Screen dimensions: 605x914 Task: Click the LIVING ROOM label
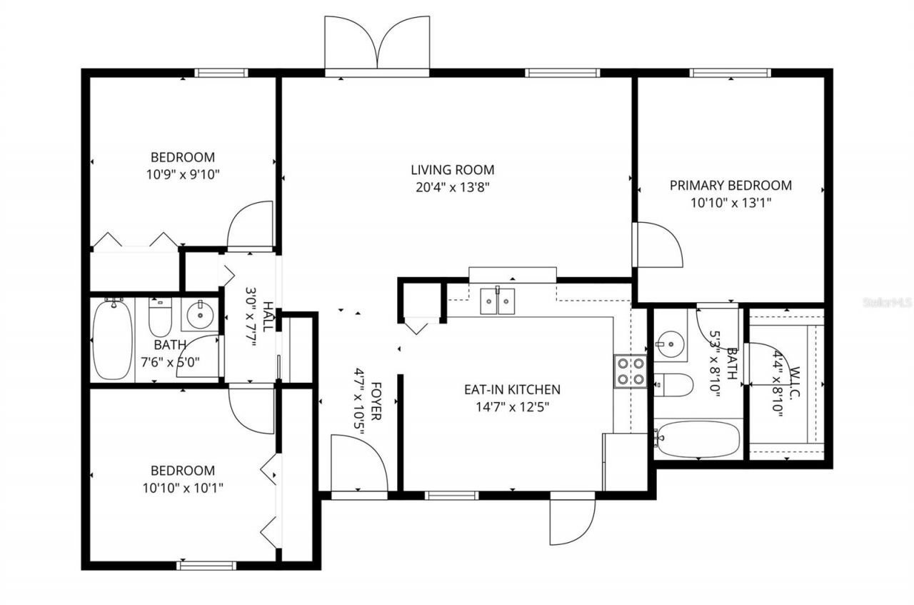452,170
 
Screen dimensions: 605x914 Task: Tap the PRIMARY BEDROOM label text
730,186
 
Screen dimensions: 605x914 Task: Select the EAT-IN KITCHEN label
512,390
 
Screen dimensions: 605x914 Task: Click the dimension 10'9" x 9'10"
182,174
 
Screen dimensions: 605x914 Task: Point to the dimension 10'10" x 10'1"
182,488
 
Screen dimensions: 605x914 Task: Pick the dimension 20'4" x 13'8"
452,187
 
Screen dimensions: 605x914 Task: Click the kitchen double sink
498,301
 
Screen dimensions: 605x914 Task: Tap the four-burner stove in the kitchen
631,371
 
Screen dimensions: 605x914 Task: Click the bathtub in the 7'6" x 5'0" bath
112,340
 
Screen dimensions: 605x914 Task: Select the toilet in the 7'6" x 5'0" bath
160,318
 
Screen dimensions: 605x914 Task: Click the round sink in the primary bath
671,344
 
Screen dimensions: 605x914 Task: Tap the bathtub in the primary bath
698,439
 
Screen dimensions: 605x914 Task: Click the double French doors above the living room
377,44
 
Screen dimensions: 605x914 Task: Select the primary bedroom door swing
658,245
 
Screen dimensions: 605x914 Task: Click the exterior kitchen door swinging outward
571,520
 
